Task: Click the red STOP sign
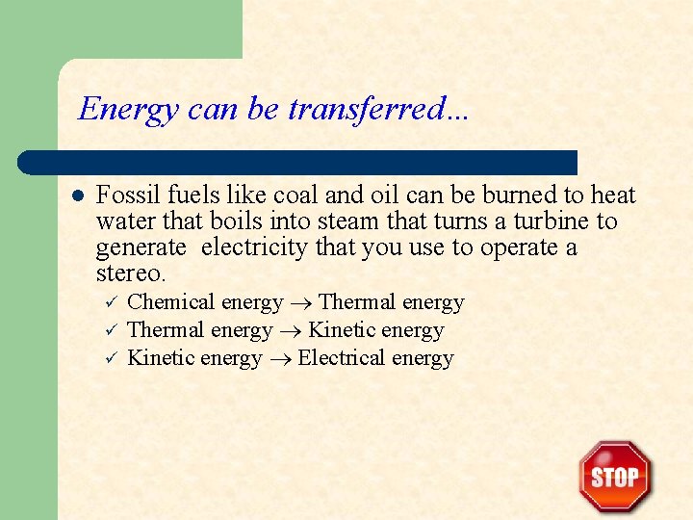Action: point(615,476)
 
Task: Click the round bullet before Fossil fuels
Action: point(78,195)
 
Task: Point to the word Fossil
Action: point(128,195)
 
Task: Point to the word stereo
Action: point(131,273)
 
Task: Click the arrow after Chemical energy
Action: point(300,303)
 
